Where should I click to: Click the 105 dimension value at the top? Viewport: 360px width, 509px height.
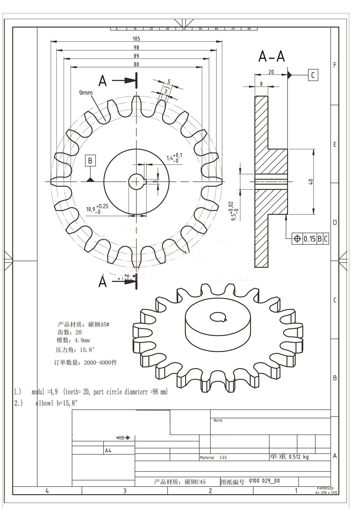coord(136,39)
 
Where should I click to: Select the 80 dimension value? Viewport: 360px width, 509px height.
coord(136,65)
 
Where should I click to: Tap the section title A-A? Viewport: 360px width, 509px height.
coord(272,57)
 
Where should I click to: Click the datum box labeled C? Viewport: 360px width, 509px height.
coord(313,75)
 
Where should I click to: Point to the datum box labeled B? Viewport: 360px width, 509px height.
coord(90,161)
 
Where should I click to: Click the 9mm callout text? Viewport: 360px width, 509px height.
coord(86,93)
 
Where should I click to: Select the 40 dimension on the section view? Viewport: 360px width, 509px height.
coord(311,182)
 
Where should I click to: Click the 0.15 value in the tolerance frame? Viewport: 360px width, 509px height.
coord(309,239)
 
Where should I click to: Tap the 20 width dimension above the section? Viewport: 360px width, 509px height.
coord(271,72)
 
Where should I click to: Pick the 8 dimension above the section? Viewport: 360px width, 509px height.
coord(261,84)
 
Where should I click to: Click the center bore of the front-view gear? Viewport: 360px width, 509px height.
coord(136,182)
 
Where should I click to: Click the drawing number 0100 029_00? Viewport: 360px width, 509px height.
coord(264,481)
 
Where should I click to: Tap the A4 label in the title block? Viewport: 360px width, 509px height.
coord(108,450)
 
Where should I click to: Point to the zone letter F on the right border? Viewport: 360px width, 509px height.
coord(335,65)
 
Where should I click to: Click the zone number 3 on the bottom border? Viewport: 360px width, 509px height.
coord(124,491)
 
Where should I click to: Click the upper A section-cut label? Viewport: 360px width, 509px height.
coord(102,81)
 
